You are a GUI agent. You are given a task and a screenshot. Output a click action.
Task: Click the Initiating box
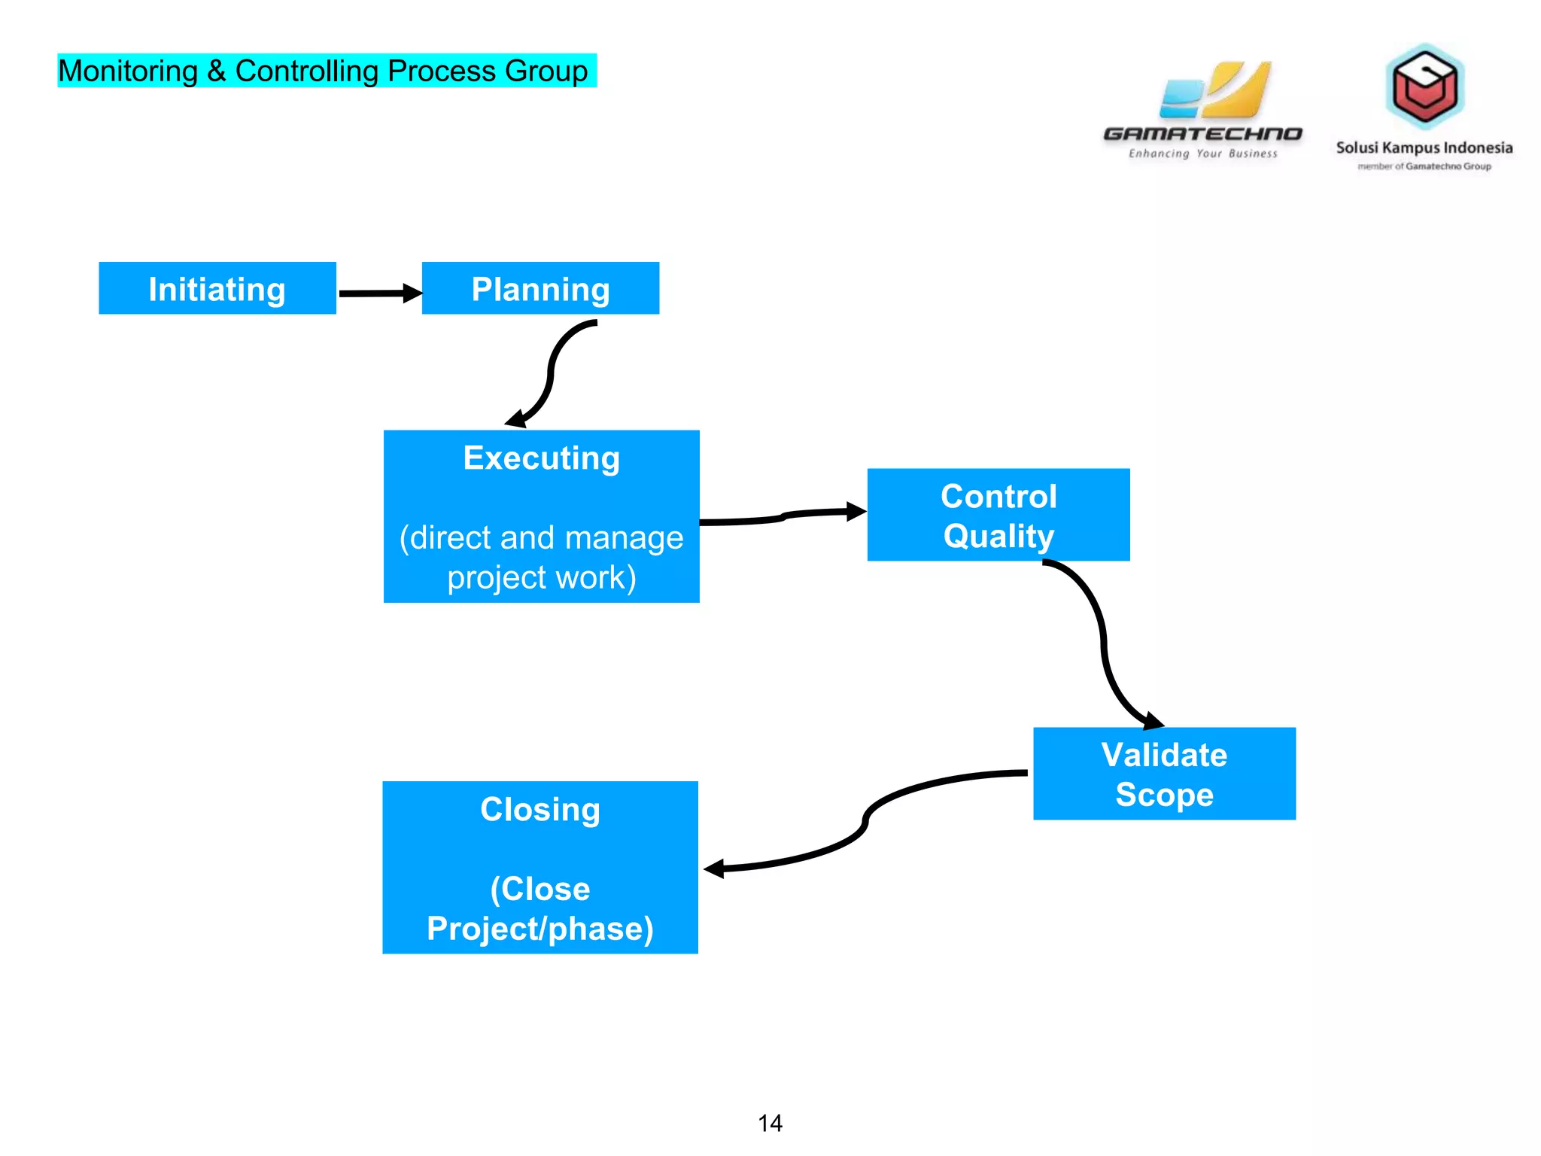point(217,288)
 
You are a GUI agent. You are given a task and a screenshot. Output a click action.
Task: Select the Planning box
point(540,288)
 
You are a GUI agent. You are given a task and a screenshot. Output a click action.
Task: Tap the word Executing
point(541,458)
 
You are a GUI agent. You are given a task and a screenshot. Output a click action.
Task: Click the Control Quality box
point(998,515)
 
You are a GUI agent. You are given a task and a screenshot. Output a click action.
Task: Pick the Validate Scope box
point(1163,774)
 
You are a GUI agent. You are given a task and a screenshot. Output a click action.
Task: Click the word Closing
point(540,809)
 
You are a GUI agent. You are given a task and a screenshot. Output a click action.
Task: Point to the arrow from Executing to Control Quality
point(783,516)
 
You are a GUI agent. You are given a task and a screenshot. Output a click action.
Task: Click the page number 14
point(770,1123)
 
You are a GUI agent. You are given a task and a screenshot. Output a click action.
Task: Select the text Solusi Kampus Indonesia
point(1424,148)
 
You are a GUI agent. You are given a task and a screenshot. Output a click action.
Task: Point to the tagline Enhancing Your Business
point(1202,154)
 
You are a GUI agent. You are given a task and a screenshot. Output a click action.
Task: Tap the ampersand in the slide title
point(217,71)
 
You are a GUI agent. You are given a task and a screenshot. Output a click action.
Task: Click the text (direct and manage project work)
point(541,557)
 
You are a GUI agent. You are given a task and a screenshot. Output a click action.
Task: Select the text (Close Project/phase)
point(540,908)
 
